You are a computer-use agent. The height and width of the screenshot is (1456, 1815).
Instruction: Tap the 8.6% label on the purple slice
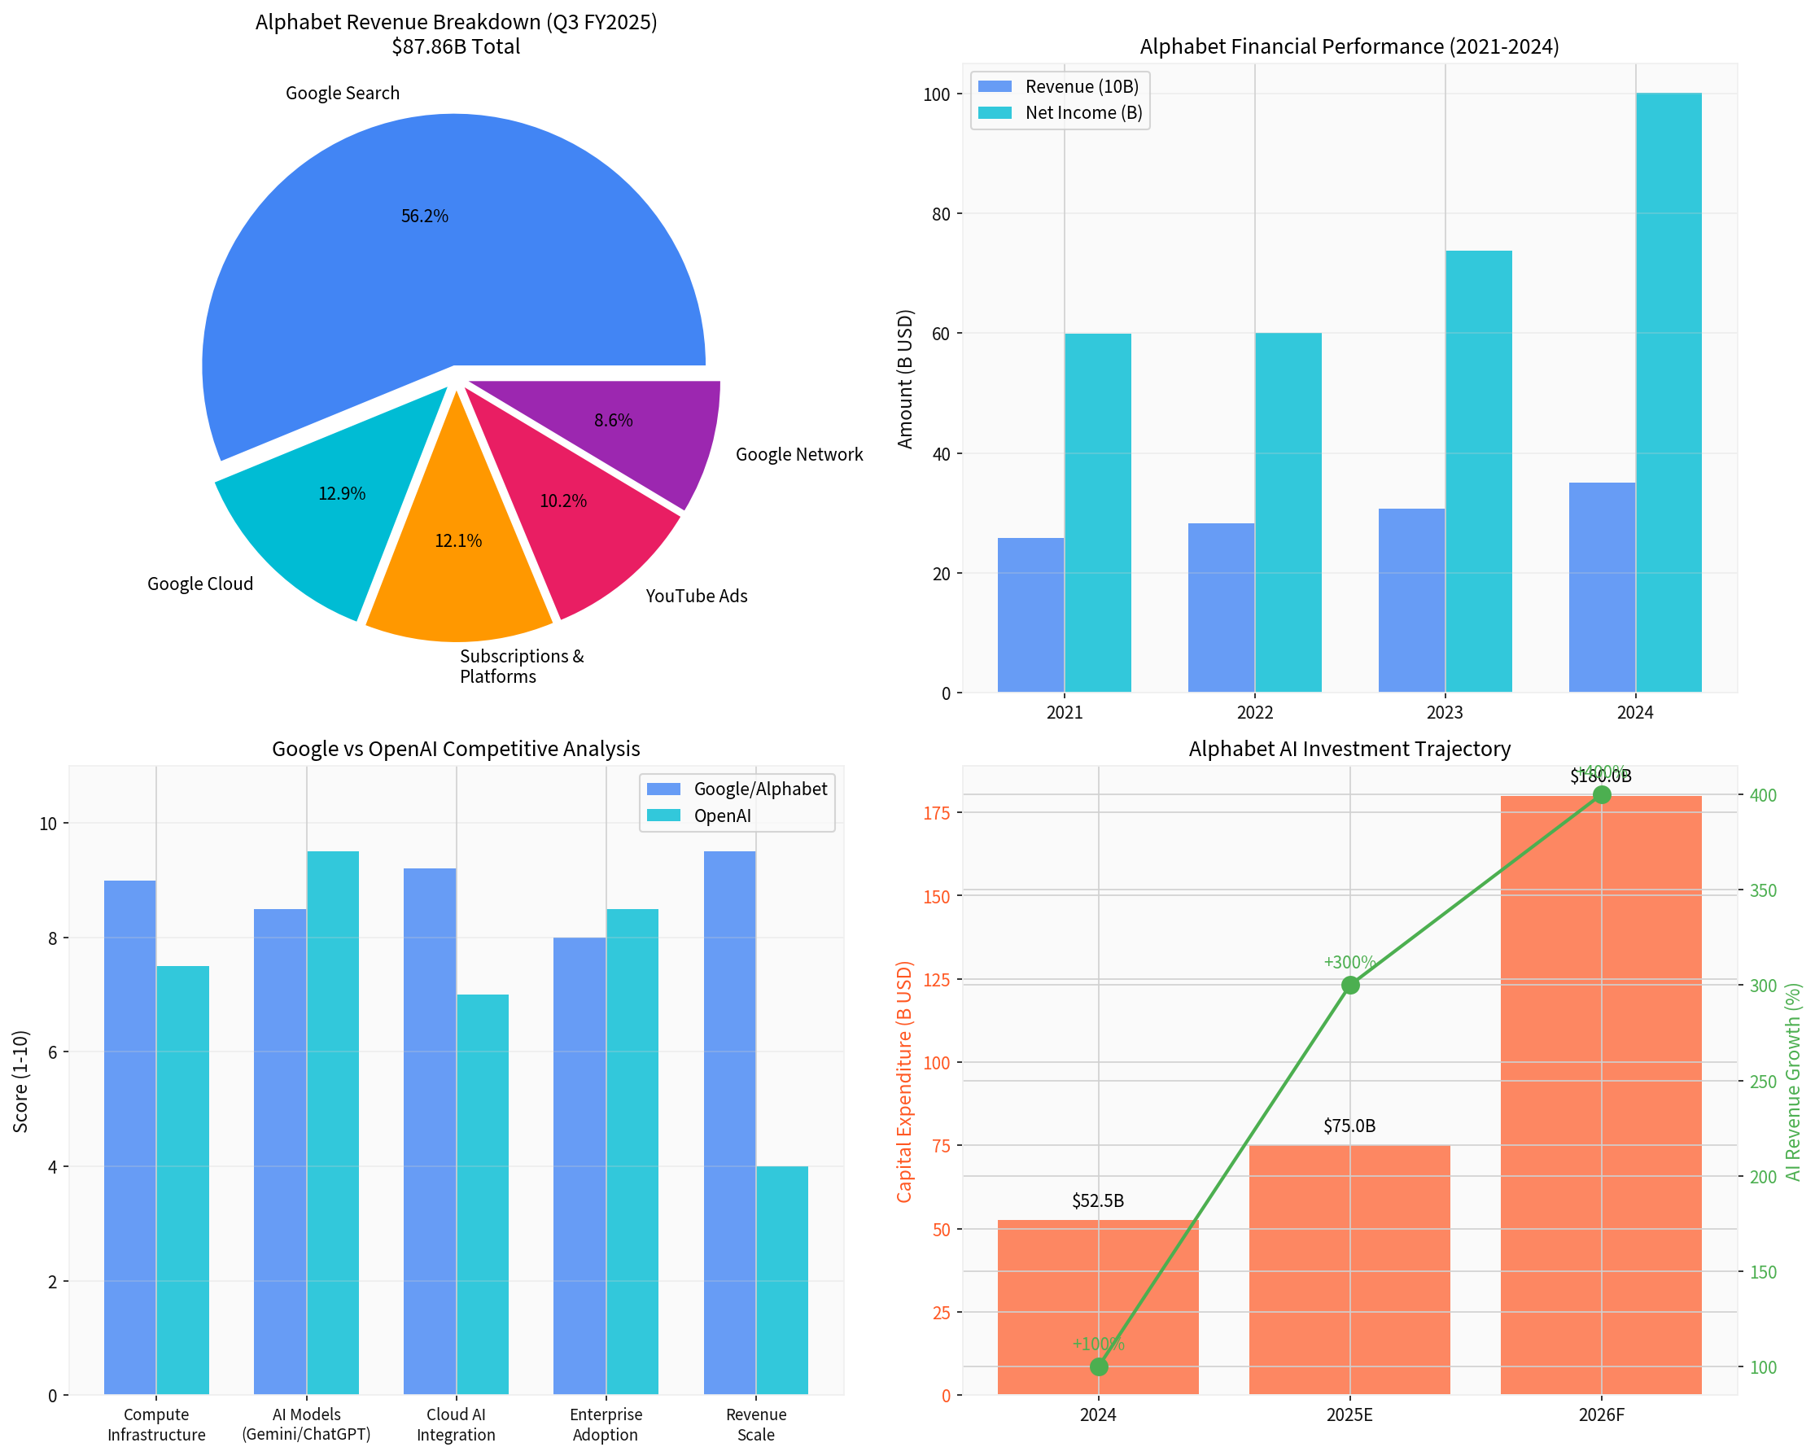pos(613,420)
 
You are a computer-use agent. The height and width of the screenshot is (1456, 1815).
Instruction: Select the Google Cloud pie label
pos(200,584)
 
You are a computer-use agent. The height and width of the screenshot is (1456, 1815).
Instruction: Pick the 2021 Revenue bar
pos(1030,614)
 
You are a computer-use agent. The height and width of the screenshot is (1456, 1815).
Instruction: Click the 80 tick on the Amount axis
pos(940,214)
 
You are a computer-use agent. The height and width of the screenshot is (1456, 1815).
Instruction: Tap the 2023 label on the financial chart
pos(1445,713)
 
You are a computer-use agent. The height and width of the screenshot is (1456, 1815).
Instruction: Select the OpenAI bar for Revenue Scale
pos(782,1279)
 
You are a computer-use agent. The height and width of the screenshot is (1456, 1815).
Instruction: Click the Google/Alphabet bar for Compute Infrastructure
pos(129,1136)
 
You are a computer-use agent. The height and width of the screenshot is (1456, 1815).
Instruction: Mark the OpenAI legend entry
pos(721,815)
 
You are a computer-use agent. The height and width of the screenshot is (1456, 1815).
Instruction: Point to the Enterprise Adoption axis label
pos(606,1425)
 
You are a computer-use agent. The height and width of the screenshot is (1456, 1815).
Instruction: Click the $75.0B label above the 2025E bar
pos(1349,1126)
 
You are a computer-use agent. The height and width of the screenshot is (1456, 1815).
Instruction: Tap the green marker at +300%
pos(1349,985)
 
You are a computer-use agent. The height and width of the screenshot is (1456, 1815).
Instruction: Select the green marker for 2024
pos(1099,1366)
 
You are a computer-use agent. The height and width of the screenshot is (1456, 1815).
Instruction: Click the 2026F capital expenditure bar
pos(1600,1094)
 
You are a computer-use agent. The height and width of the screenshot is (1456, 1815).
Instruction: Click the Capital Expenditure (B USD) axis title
pos(904,1082)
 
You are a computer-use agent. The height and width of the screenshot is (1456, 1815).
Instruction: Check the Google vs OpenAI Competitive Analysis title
pos(456,748)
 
